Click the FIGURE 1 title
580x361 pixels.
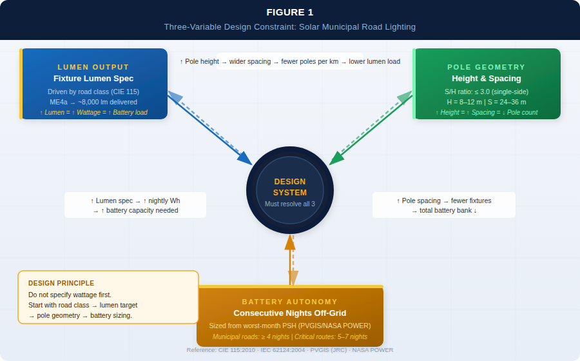(x=289, y=12)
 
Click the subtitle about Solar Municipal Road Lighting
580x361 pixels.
(x=289, y=27)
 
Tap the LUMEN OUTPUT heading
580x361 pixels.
(x=93, y=67)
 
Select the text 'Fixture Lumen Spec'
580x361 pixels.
(x=93, y=79)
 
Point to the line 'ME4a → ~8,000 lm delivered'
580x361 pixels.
(x=93, y=102)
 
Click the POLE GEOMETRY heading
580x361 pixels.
(x=486, y=67)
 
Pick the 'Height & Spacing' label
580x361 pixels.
(x=486, y=79)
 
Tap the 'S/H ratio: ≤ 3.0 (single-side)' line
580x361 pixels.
(x=486, y=92)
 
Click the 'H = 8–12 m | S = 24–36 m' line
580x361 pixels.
(x=486, y=102)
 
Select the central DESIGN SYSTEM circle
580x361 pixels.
(x=290, y=190)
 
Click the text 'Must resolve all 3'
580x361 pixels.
(x=290, y=204)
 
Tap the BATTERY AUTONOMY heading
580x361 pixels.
(x=289, y=302)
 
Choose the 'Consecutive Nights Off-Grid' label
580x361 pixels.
(x=289, y=313)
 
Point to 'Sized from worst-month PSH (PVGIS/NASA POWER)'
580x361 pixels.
(x=289, y=326)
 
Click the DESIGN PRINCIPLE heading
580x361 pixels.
(x=61, y=283)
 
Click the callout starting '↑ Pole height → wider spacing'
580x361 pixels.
(x=289, y=62)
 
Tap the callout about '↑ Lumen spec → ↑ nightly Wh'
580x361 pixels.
(x=135, y=205)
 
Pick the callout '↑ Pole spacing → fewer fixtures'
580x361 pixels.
(x=444, y=205)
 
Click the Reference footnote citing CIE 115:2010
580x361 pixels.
(x=289, y=350)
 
